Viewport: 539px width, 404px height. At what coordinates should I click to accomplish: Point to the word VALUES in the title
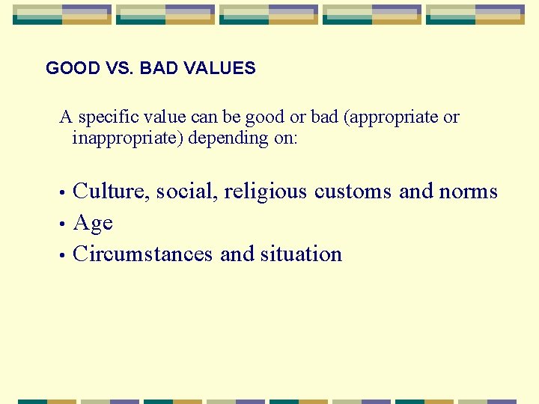(x=220, y=69)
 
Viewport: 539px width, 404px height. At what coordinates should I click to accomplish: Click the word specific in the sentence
(x=105, y=117)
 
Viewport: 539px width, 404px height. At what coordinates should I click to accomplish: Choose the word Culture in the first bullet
(x=113, y=192)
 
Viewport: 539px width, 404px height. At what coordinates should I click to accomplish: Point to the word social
(x=187, y=192)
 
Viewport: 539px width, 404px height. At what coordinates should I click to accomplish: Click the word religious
(x=265, y=192)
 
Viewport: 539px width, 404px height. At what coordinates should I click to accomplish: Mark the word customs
(x=353, y=192)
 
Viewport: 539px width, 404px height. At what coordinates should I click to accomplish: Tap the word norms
(x=468, y=192)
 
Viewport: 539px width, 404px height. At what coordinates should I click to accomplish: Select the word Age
(x=93, y=224)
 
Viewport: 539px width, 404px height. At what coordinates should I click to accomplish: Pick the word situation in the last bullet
(x=301, y=254)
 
